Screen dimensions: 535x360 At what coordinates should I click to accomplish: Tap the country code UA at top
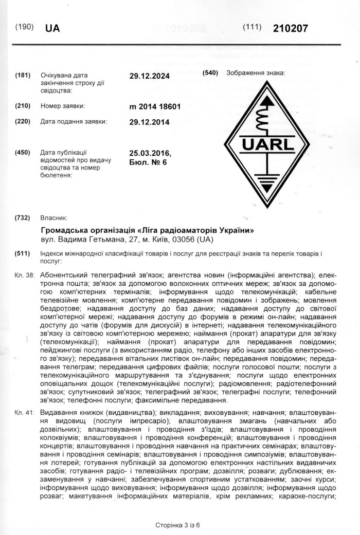click(x=52, y=28)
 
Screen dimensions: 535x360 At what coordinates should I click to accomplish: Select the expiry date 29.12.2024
click(x=149, y=76)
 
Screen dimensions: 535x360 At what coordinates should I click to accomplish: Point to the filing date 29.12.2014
click(x=149, y=122)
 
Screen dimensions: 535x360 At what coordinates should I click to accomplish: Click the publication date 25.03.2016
click(x=150, y=154)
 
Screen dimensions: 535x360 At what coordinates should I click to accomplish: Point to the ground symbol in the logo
click(x=266, y=181)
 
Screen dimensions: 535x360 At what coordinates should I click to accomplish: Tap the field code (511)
click(x=24, y=254)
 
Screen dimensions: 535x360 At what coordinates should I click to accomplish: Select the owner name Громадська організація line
click(x=147, y=229)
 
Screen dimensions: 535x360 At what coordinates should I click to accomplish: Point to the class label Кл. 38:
click(x=25, y=275)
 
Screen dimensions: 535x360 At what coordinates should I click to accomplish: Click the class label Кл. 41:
click(x=25, y=412)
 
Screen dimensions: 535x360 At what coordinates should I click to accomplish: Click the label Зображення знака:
click(x=256, y=73)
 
